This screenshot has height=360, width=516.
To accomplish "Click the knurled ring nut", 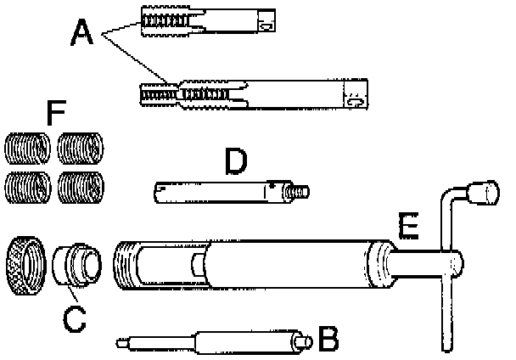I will pyautogui.click(x=24, y=267).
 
